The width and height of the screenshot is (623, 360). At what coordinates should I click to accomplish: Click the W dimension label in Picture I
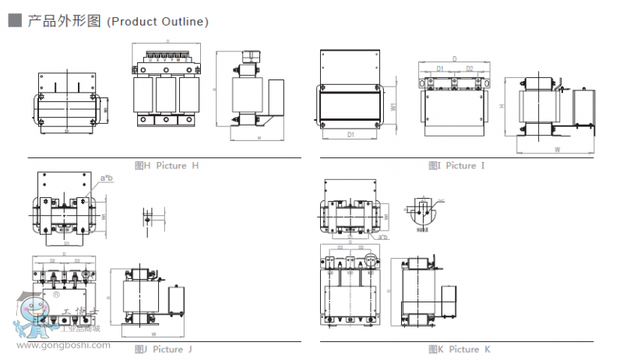tap(558, 148)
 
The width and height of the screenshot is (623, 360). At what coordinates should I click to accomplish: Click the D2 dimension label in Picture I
tap(470, 69)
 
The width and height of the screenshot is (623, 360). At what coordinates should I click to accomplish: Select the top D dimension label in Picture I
tap(454, 59)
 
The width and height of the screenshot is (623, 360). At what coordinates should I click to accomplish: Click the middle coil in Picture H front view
tap(165, 95)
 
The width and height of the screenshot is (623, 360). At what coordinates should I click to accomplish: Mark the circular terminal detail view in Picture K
tap(421, 210)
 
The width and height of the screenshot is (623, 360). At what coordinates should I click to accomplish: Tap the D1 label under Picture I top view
tap(350, 135)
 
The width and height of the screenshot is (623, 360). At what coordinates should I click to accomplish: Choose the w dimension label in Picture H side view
tap(259, 138)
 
